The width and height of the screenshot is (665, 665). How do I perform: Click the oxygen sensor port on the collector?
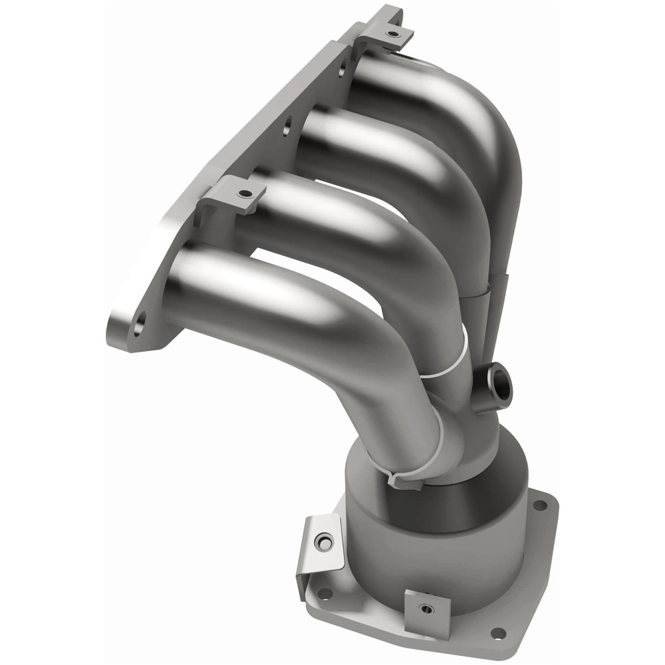click(x=498, y=380)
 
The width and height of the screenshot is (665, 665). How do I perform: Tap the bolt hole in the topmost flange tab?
click(x=393, y=33)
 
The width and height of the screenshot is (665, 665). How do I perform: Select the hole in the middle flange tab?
click(x=246, y=194)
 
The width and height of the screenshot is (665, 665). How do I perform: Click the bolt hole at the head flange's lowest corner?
click(x=138, y=326)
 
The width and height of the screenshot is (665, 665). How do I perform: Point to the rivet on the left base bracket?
click(x=324, y=542)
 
